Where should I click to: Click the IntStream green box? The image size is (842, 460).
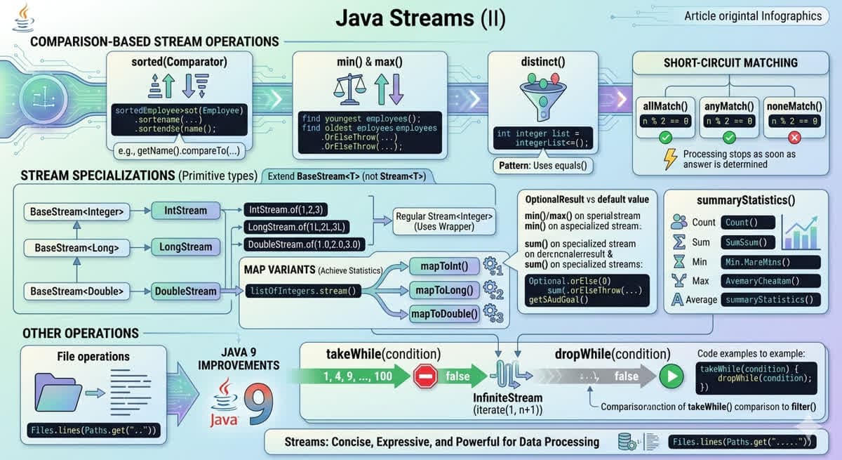tap(186, 210)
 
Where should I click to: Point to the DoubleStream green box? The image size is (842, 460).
tap(186, 291)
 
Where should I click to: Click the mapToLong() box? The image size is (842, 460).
tap(444, 289)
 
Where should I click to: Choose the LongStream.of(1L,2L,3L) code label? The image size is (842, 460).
tap(298, 227)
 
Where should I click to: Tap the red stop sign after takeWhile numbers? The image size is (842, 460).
tap(426, 376)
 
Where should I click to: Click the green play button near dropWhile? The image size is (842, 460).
tap(671, 376)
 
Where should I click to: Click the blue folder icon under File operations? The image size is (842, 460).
tap(59, 391)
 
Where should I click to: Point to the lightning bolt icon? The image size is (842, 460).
tap(671, 159)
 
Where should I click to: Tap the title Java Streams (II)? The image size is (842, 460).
tap(420, 18)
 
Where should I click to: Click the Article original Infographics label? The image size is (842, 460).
tap(753, 15)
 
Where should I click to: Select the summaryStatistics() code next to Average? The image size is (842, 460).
tap(772, 300)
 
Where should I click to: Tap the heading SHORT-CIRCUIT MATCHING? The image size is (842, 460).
tap(730, 63)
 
